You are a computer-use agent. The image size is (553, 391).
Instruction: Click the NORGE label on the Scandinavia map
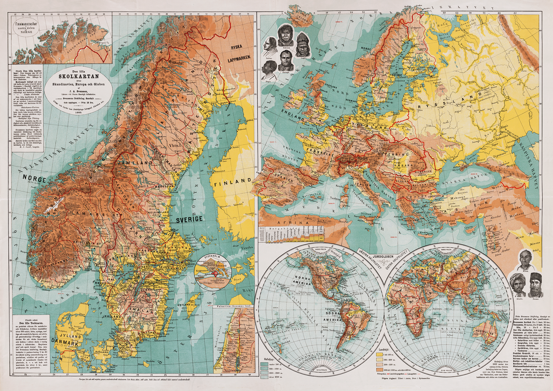tap(34, 179)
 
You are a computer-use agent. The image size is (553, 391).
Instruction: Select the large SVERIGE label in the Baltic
tap(189, 219)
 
